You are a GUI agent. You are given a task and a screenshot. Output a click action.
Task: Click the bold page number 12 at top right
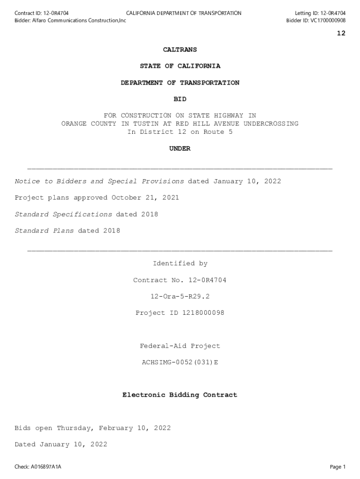[341, 33]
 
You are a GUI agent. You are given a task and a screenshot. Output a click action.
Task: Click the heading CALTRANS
[180, 50]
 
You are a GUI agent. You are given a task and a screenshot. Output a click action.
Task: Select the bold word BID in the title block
[180, 99]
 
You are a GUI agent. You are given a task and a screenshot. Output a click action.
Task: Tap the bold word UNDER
[180, 149]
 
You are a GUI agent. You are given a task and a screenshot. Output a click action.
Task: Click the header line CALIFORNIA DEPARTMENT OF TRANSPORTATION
[184, 13]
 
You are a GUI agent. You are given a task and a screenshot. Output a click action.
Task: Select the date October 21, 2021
[145, 198]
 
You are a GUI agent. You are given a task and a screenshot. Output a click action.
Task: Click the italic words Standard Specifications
[64, 214]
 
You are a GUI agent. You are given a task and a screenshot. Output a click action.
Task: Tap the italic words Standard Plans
[44, 231]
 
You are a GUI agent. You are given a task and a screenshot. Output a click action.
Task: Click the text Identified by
[180, 264]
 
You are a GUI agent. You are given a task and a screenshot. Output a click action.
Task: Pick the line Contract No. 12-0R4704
[180, 280]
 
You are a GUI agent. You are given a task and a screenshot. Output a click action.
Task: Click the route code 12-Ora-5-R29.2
[180, 297]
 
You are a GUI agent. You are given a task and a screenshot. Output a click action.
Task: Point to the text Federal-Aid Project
[180, 346]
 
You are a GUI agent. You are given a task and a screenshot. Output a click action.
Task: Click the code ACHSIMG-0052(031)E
[180, 363]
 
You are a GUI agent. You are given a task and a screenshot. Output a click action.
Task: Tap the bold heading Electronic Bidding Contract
[180, 395]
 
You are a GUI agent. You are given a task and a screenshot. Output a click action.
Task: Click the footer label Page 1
[338, 467]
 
